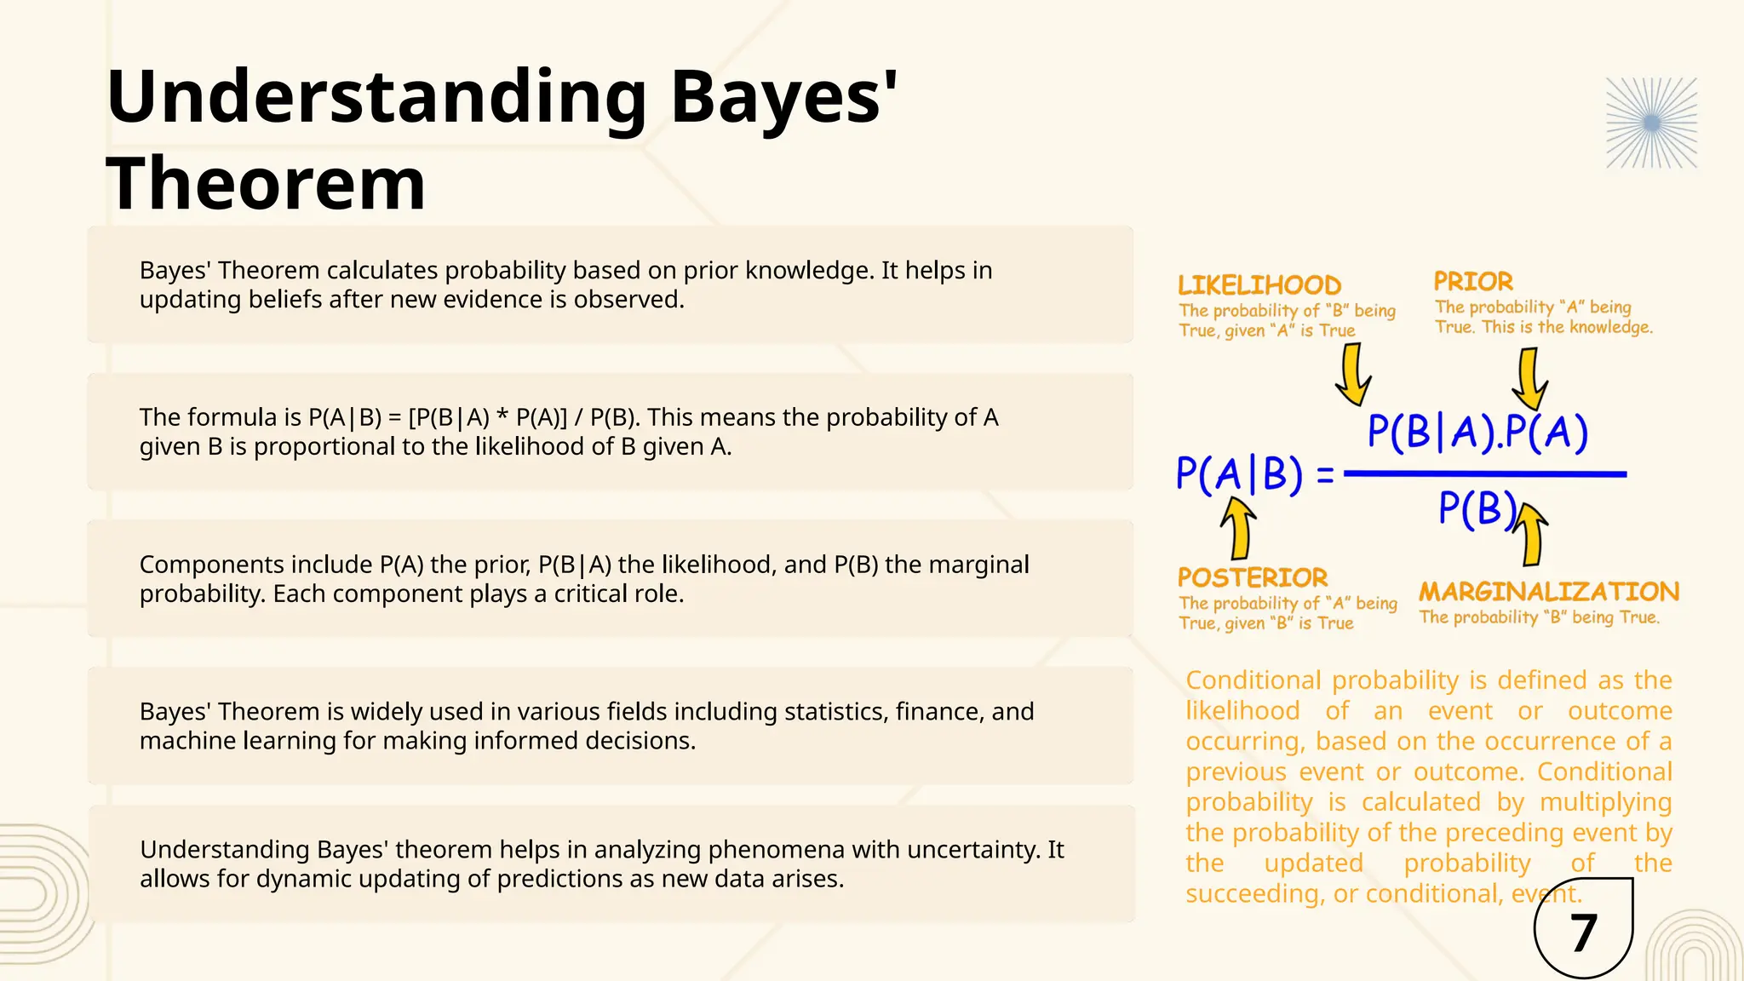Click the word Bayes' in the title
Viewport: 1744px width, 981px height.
(x=783, y=98)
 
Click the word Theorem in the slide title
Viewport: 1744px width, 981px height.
(x=266, y=184)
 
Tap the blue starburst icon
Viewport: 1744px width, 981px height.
(x=1651, y=123)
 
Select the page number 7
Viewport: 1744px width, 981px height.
(x=1583, y=933)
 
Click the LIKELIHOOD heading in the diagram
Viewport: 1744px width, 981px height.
(x=1259, y=285)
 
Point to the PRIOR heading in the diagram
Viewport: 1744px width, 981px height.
(x=1473, y=282)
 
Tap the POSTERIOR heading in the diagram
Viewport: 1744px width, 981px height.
(x=1252, y=578)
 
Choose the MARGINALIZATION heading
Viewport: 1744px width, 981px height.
(x=1548, y=592)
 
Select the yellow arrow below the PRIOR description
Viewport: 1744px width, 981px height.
(x=1530, y=380)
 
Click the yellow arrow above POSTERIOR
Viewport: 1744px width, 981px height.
(x=1239, y=528)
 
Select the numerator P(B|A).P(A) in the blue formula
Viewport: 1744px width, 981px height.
(x=1477, y=432)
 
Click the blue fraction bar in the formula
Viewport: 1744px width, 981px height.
(x=1485, y=474)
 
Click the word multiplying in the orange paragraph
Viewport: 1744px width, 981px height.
(x=1605, y=802)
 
